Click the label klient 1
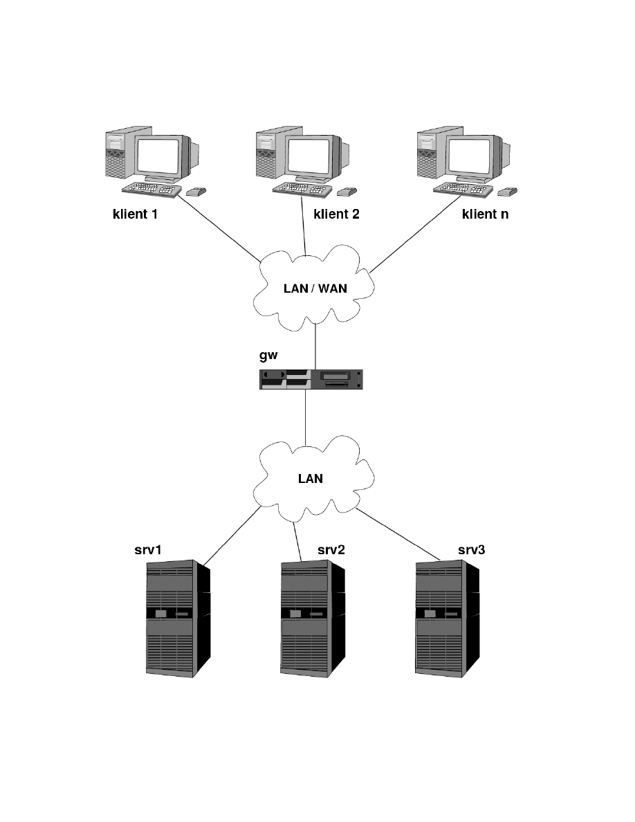pos(136,214)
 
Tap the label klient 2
pos(337,214)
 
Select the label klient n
pos(485,214)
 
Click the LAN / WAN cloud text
pos(315,289)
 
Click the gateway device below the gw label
pos(311,379)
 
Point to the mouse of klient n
pos(509,190)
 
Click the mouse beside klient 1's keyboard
pos(196,190)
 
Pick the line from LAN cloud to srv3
pos(401,538)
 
